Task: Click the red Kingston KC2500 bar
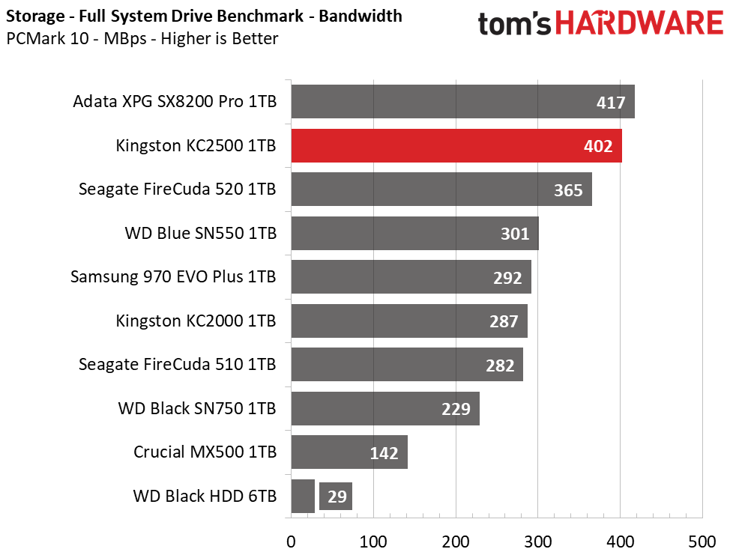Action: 456,146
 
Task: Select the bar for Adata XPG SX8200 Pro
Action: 462,101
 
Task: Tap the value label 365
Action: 568,190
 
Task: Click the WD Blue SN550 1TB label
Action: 201,233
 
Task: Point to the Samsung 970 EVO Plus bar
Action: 411,276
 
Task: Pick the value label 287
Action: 504,321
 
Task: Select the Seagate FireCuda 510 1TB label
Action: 177,365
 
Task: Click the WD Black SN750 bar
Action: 385,408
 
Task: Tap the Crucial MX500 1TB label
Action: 205,452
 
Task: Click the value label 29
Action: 337,496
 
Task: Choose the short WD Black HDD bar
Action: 303,496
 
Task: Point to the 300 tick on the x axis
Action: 537,542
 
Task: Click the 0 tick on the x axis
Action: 291,542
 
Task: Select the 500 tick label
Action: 702,542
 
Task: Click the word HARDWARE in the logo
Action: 639,23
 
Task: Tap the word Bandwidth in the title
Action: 361,16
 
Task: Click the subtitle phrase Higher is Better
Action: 220,38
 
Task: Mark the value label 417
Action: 611,103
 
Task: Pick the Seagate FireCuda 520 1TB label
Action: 177,189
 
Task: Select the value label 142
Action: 384,452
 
